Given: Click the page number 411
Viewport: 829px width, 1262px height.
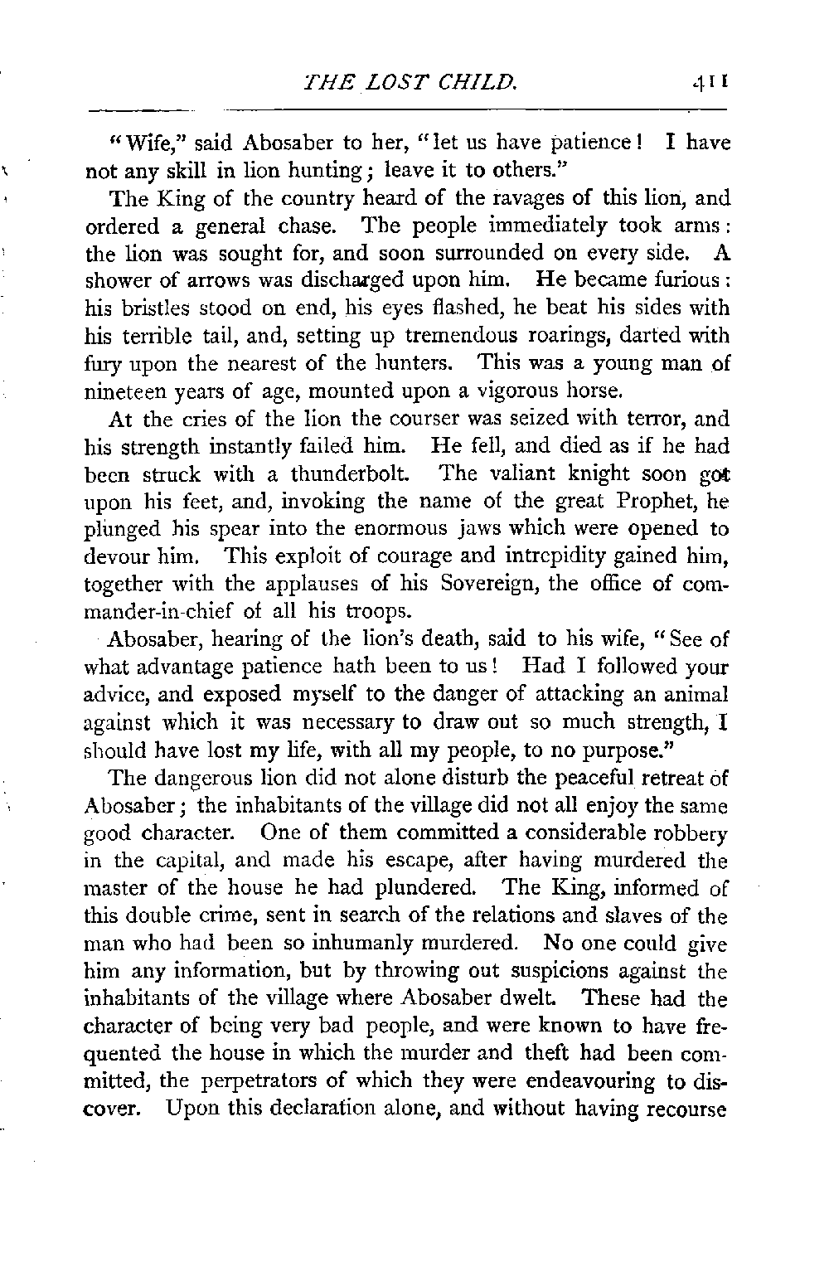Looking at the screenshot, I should coord(711,82).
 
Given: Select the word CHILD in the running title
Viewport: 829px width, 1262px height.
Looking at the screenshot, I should coord(480,81).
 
